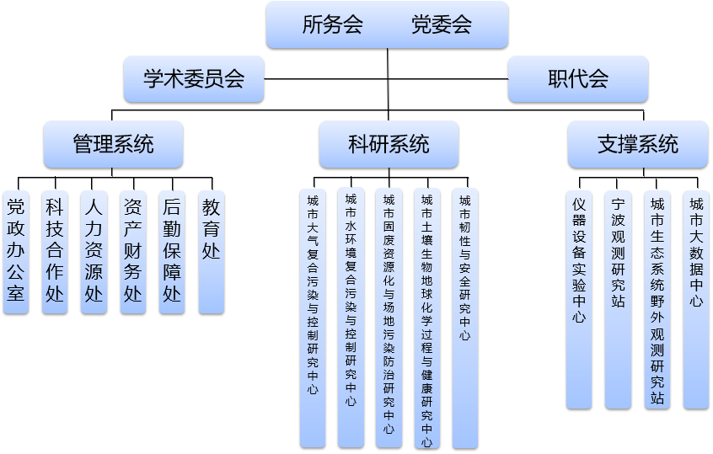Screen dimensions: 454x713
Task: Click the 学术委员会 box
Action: point(194,79)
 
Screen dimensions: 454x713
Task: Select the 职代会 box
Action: point(578,79)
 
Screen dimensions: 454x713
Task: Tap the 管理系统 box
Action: point(113,144)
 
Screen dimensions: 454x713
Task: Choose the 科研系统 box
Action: point(389,144)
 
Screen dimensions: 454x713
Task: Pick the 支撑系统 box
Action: point(637,144)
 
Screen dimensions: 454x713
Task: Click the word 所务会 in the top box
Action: point(333,24)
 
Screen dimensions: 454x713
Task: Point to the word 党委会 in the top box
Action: point(442,24)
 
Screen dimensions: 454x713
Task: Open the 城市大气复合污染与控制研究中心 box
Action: point(313,317)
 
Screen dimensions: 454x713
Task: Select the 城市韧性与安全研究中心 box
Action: point(465,317)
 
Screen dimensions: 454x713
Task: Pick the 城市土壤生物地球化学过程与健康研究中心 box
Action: point(427,317)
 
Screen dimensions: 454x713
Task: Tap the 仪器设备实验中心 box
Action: point(579,299)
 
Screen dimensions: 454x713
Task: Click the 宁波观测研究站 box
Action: point(618,299)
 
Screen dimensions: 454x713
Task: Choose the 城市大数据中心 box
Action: point(696,299)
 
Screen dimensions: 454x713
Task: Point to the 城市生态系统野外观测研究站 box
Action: point(657,299)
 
